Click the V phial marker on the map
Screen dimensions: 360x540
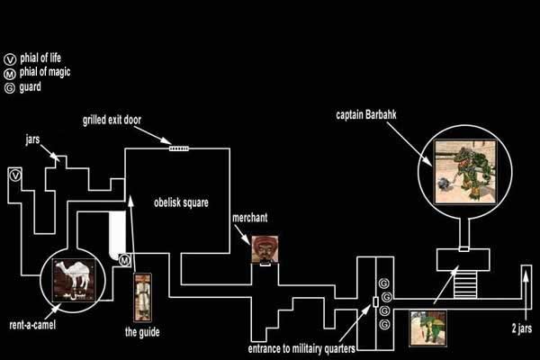coord(15,175)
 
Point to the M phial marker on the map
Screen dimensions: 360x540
coord(124,260)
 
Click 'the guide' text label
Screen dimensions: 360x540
coord(142,332)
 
